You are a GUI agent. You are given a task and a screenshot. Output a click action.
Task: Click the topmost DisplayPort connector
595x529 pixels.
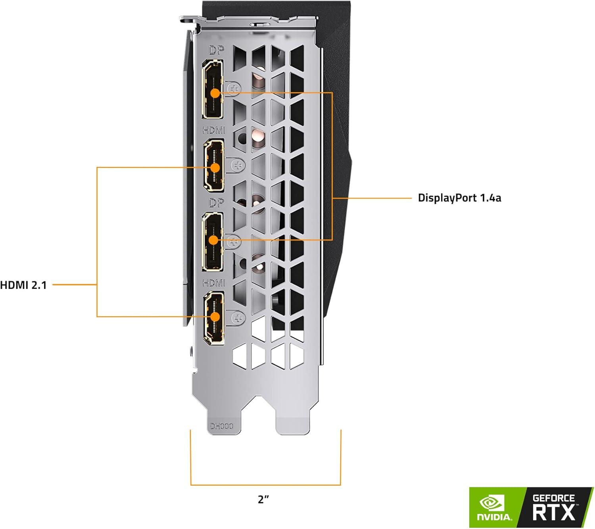point(213,89)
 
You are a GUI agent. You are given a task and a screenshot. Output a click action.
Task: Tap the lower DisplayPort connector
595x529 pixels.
point(212,242)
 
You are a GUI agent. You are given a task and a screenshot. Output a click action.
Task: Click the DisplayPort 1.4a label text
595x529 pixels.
point(459,198)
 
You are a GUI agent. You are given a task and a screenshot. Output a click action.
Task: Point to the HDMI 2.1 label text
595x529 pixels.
point(23,285)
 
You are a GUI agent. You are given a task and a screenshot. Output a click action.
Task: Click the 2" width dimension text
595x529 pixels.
point(263,500)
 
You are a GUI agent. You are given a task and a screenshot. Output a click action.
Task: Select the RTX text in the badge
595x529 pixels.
point(553,512)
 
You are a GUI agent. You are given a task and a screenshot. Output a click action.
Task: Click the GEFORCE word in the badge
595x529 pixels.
point(553,498)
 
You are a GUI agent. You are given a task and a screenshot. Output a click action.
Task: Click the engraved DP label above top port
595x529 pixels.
point(216,50)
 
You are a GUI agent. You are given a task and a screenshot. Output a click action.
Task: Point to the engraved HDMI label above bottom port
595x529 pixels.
point(214,283)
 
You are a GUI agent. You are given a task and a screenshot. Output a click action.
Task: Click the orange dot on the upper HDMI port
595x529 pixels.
point(215,168)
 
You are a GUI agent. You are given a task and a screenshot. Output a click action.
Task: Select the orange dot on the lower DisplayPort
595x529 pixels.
point(213,240)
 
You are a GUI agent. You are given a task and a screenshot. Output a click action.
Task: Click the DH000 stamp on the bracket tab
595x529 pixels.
point(221,426)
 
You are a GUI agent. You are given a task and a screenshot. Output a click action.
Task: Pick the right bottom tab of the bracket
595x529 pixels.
point(292,423)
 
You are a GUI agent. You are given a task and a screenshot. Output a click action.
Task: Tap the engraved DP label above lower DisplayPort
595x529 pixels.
point(216,203)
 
